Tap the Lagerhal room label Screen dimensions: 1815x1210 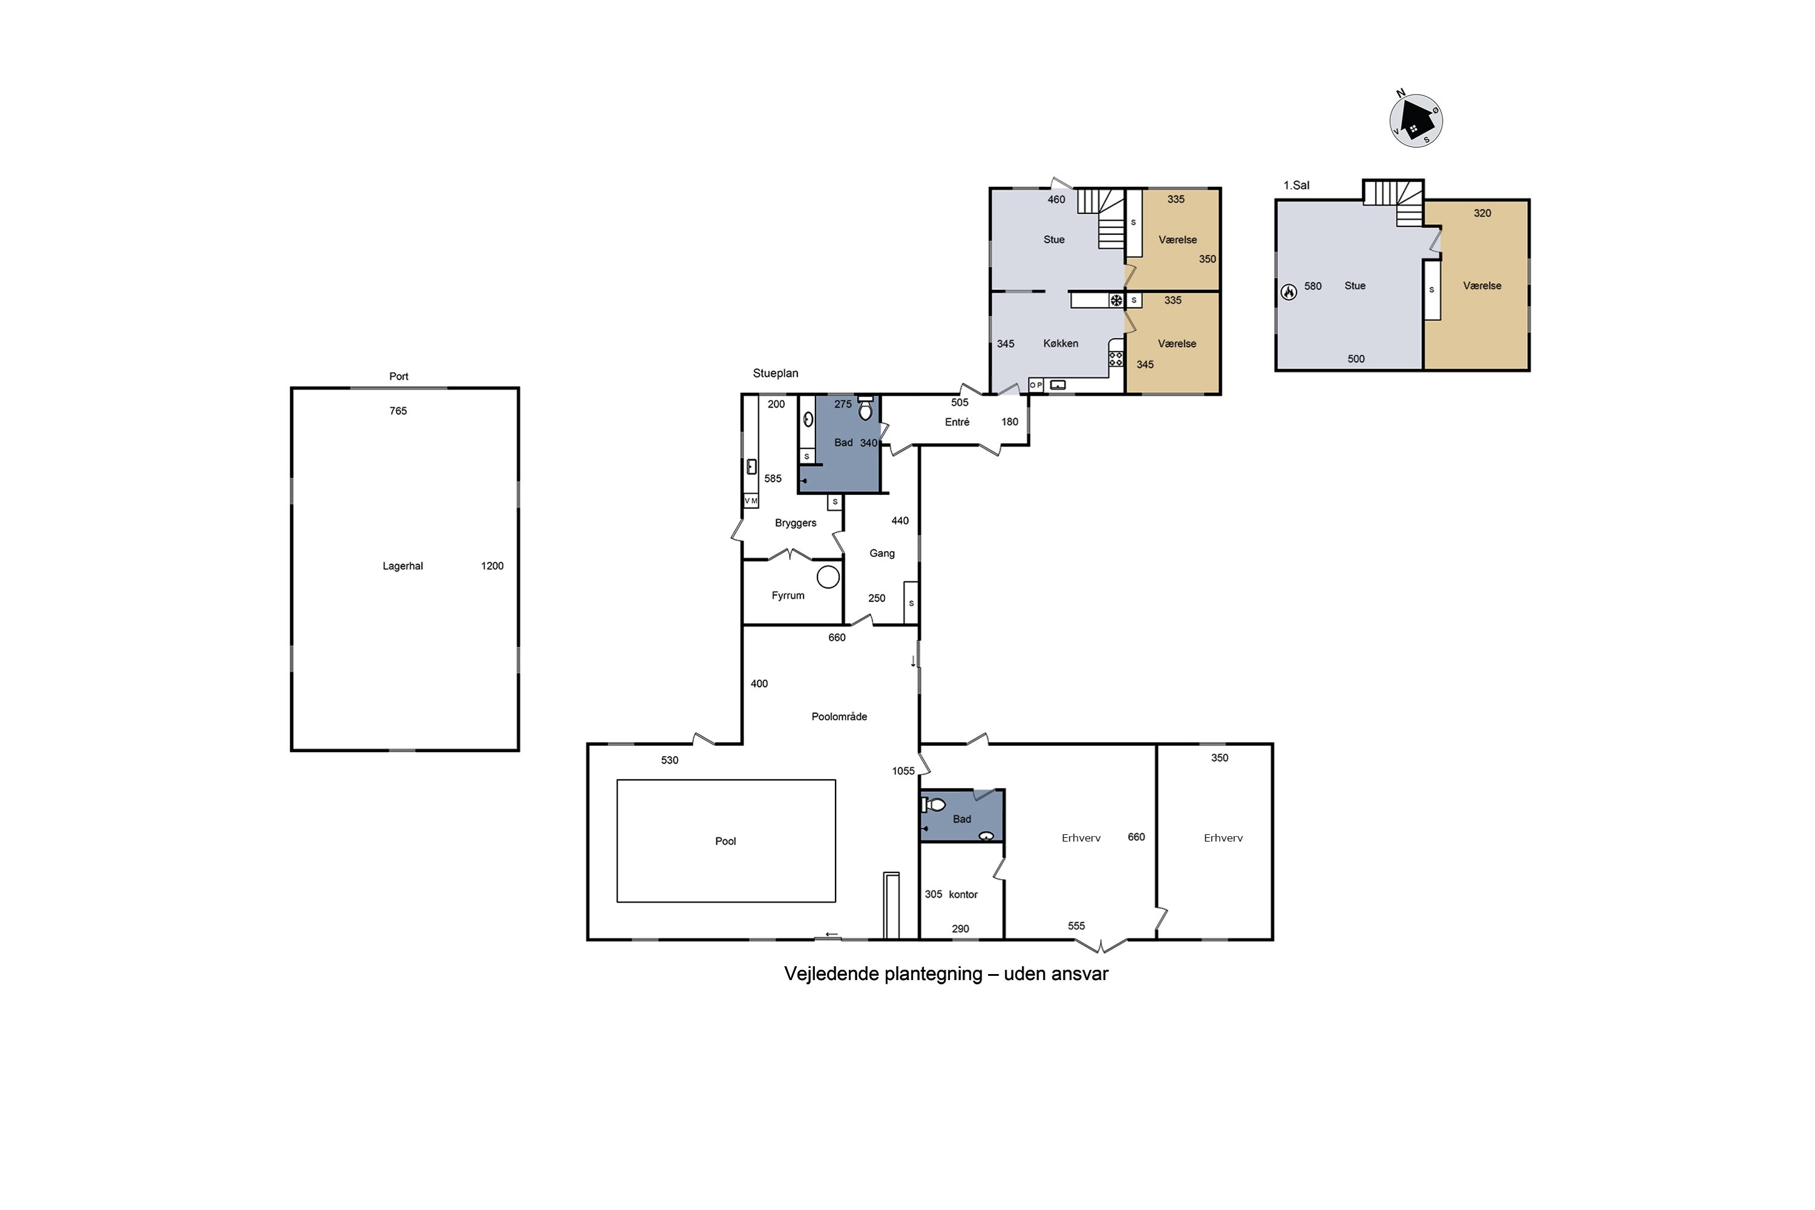coord(403,566)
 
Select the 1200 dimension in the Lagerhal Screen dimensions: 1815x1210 coord(492,566)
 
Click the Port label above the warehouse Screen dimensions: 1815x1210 coord(399,376)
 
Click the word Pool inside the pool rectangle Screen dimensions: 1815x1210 coord(725,840)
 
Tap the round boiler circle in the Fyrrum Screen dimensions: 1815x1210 coord(828,577)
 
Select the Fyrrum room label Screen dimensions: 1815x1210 coord(788,595)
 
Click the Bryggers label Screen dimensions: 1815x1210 coord(796,523)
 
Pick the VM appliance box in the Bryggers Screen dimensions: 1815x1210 coord(751,501)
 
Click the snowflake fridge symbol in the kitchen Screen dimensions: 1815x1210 coord(1116,300)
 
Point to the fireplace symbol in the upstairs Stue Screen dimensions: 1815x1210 coord(1289,292)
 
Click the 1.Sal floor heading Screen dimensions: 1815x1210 coord(1297,185)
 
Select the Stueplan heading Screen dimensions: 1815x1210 coord(776,373)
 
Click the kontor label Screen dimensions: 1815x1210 coord(963,894)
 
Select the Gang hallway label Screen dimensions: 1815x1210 coord(882,554)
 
